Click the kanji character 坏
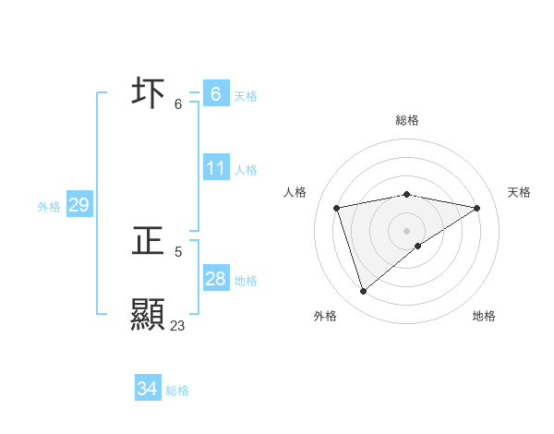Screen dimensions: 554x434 click(x=149, y=93)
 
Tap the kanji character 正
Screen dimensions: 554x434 click(x=149, y=242)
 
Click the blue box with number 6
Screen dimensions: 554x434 click(x=215, y=93)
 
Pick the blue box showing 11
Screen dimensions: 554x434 click(x=215, y=168)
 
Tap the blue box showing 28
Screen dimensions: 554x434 click(x=215, y=279)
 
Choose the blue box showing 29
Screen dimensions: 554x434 click(x=78, y=205)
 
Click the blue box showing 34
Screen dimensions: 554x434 click(x=147, y=389)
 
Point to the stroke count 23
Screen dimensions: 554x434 click(x=177, y=326)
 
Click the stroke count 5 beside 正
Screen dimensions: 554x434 click(x=178, y=251)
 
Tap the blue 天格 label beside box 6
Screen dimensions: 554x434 click(x=246, y=96)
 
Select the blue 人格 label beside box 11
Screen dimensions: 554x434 click(x=246, y=170)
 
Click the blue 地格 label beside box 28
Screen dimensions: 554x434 click(x=246, y=281)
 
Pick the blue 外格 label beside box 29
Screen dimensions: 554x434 click(x=49, y=207)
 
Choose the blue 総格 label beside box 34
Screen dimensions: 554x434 click(x=177, y=391)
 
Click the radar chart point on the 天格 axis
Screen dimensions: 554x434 click(x=476, y=208)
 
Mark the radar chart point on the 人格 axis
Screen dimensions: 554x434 click(x=337, y=208)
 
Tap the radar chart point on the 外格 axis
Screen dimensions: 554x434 click(x=363, y=292)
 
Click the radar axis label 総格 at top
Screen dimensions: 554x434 click(x=407, y=120)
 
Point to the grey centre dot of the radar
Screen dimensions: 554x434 click(x=407, y=230)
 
